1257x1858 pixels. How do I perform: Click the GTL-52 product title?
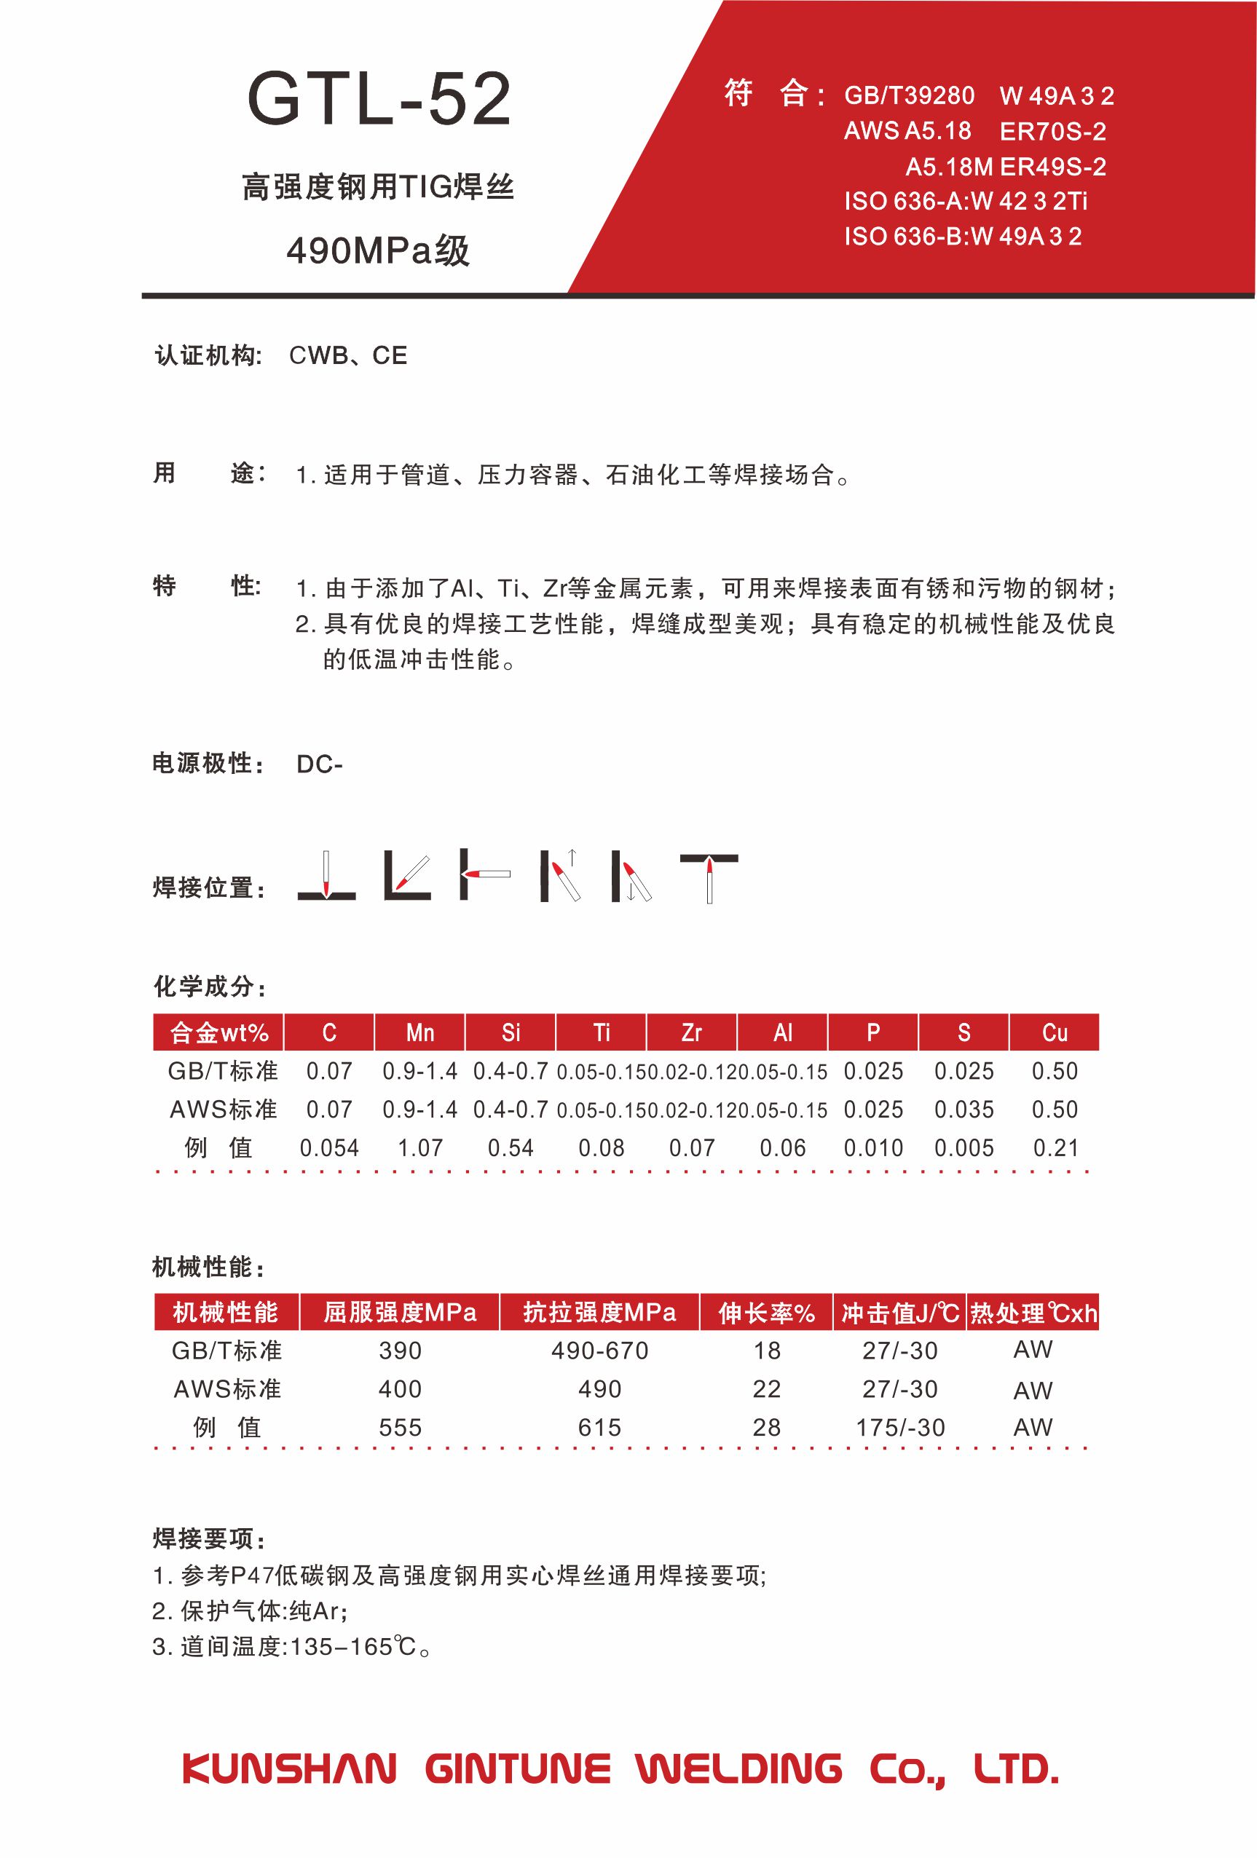pos(379,100)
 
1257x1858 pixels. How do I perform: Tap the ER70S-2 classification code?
pos(1052,131)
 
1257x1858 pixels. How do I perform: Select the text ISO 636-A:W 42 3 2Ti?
pos(965,201)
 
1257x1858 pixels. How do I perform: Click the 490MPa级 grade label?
pos(378,251)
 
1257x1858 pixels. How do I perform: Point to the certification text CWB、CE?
pos(348,356)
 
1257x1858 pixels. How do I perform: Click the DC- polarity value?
pos(319,764)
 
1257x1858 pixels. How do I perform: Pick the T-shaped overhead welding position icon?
pos(709,877)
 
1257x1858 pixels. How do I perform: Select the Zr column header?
pos(692,1033)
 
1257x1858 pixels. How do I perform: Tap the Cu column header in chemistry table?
pos(1054,1033)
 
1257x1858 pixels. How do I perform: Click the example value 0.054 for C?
pos(329,1148)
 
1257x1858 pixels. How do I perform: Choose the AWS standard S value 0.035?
pos(964,1110)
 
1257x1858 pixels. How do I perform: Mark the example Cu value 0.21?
pos(1055,1148)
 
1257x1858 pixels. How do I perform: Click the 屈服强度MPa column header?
pos(400,1313)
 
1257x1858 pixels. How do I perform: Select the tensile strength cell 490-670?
pos(599,1351)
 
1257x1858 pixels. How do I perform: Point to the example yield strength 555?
pos(400,1428)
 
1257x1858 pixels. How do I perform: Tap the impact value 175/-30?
pos(900,1428)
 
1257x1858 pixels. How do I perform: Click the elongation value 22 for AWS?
pos(766,1390)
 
